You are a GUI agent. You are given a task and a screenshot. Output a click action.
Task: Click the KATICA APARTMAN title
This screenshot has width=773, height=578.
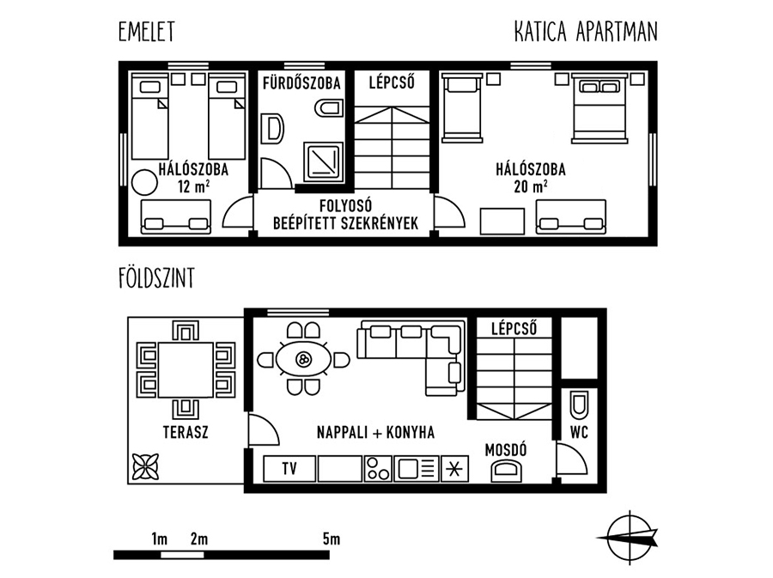[586, 32]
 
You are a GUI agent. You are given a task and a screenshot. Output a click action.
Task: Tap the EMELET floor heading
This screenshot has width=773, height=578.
[146, 32]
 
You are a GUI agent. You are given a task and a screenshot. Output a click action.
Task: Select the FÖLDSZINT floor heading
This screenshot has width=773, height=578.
[156, 278]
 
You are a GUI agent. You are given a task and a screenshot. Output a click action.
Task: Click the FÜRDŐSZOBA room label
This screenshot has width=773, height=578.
[301, 82]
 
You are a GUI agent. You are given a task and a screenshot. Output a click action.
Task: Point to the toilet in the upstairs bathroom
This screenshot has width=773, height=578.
[328, 108]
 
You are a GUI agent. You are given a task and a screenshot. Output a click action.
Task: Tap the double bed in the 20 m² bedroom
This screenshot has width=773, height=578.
[600, 107]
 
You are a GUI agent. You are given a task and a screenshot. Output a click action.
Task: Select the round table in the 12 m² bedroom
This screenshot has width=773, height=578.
[144, 183]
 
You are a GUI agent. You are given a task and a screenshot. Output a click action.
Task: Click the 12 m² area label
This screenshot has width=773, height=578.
[194, 186]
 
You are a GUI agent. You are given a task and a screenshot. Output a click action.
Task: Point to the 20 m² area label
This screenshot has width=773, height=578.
[531, 186]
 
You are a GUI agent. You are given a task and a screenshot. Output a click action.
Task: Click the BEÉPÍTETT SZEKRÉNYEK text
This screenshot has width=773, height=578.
[345, 223]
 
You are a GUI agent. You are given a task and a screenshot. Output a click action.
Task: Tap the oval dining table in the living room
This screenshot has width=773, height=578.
[303, 359]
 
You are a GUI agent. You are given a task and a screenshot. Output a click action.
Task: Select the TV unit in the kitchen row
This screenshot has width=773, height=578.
[289, 468]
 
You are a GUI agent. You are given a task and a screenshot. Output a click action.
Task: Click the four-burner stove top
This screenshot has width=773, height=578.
[378, 468]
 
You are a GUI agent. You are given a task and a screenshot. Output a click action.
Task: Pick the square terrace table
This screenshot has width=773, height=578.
[186, 370]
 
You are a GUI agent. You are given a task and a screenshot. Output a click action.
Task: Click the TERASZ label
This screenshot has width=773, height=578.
[186, 432]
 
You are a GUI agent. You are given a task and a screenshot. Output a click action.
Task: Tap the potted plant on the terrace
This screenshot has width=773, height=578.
[146, 466]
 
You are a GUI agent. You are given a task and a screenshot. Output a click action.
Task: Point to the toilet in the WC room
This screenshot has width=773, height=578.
[579, 405]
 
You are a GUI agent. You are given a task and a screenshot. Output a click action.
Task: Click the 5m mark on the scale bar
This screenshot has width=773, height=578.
[332, 539]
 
